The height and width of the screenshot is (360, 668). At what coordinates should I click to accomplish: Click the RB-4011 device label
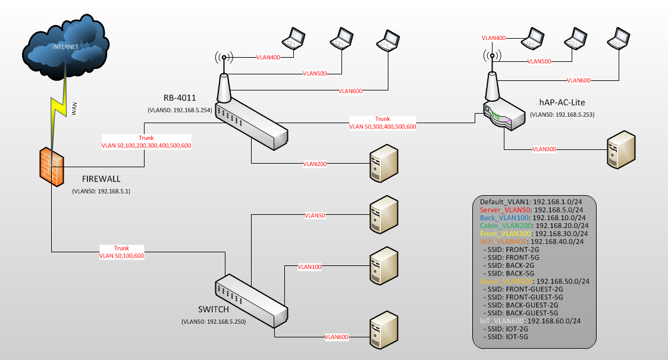coord(180,98)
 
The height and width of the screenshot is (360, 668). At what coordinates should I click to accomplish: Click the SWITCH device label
coord(214,309)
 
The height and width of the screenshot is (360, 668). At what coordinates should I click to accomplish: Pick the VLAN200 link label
coord(315,164)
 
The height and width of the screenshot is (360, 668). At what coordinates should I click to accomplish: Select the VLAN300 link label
coord(544,149)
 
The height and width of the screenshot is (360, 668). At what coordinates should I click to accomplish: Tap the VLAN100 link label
coord(309,267)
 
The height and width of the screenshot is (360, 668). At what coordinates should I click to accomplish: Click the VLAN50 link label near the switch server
coord(315,215)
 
